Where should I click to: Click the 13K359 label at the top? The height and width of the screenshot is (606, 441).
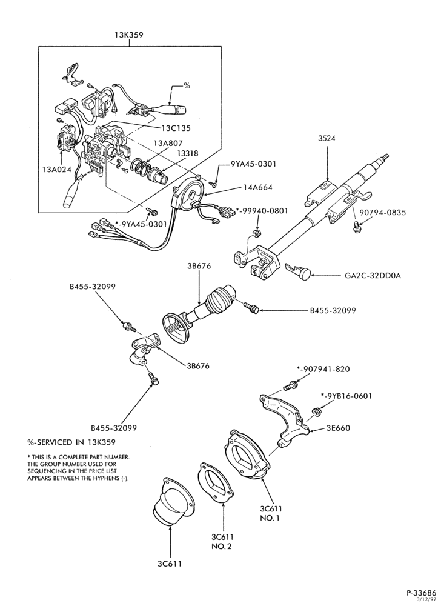(x=129, y=35)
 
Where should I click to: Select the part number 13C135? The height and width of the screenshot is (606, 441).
(x=176, y=128)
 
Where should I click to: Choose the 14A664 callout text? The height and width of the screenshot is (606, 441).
(x=257, y=188)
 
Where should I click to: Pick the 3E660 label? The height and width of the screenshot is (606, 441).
(x=339, y=428)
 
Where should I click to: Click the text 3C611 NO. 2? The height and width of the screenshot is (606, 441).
(x=223, y=541)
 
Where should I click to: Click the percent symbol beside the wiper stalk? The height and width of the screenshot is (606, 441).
(x=187, y=86)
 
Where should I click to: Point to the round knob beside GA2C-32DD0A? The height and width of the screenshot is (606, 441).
(x=305, y=275)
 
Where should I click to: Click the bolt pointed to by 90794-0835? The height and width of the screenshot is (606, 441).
(x=356, y=227)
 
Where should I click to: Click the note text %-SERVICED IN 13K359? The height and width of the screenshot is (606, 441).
(x=72, y=442)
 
